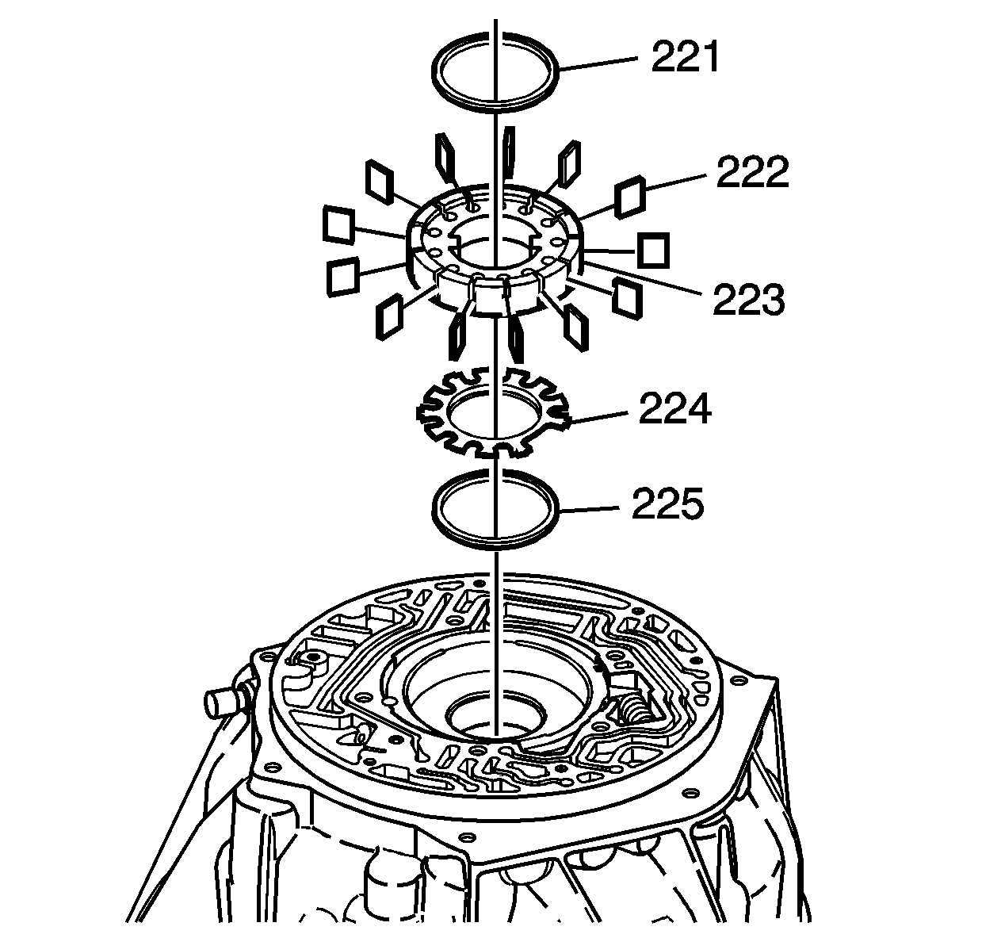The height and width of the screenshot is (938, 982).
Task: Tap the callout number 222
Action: (752, 173)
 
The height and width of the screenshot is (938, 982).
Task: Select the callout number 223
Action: (749, 300)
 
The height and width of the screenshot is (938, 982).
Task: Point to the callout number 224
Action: (675, 409)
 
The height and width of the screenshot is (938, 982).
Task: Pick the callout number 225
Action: (667, 503)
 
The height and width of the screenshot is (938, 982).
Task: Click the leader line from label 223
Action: (642, 278)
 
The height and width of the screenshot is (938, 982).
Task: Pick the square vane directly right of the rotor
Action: (654, 251)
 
